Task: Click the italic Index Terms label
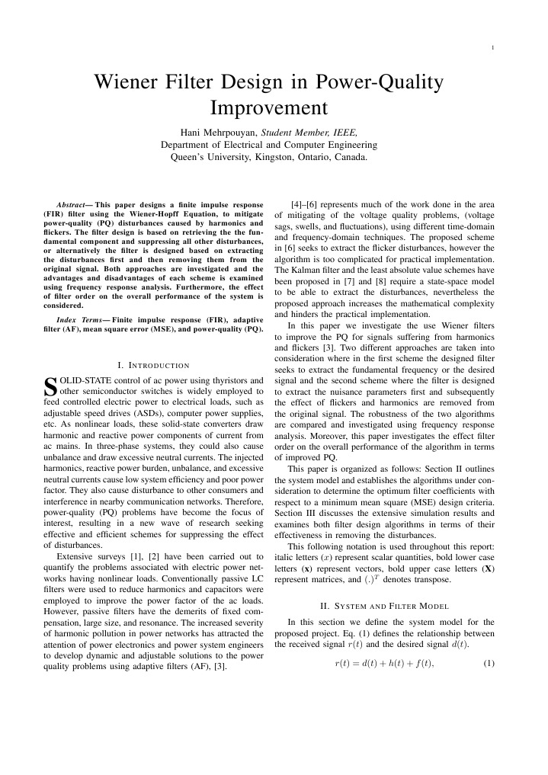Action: pyautogui.click(x=80, y=321)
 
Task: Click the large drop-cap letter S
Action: pyautogui.click(x=51, y=385)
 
